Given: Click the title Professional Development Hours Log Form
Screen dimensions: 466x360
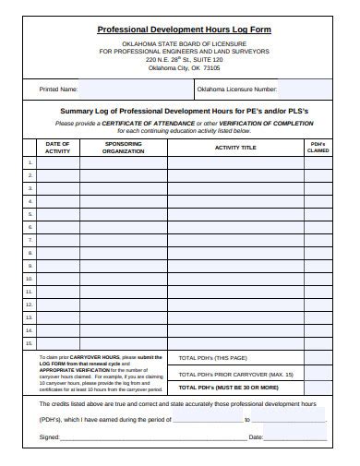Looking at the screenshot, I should pyautogui.click(x=185, y=30).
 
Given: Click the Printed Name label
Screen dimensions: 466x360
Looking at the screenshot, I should pyautogui.click(x=58, y=90).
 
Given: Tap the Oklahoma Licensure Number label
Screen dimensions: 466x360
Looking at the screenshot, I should pyautogui.click(x=236, y=90).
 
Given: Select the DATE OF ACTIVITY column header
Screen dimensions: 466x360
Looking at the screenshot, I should pyautogui.click(x=57, y=148).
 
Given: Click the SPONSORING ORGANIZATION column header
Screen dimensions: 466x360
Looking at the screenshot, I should pyautogui.click(x=124, y=148).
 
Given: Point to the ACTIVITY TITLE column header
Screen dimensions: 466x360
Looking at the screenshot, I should pyautogui.click(x=235, y=148).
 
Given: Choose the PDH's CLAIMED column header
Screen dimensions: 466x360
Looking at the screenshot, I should pyautogui.click(x=317, y=148).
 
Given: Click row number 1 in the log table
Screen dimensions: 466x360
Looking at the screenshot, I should pyautogui.click(x=30, y=162).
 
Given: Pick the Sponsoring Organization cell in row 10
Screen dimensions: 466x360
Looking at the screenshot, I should pyautogui.click(x=124, y=277).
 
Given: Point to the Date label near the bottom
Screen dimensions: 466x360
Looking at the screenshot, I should pyautogui.click(x=256, y=436).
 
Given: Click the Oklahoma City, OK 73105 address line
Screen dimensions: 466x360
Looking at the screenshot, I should pyautogui.click(x=185, y=67).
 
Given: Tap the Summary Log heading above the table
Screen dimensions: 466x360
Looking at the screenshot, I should pyautogui.click(x=185, y=110).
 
